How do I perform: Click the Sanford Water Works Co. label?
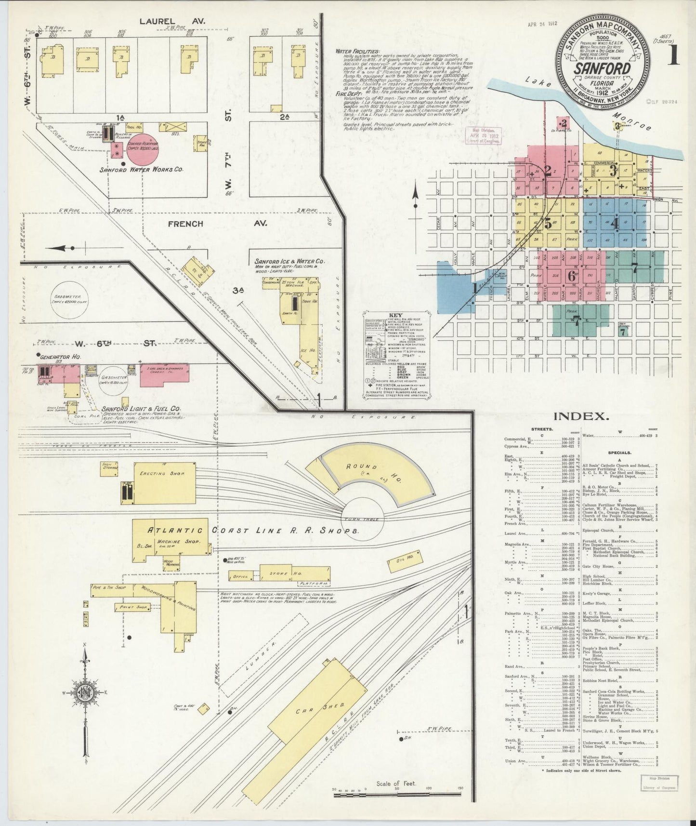(141, 170)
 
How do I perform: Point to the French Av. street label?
(185, 224)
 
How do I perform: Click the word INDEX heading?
(581, 416)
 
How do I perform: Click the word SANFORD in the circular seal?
(602, 68)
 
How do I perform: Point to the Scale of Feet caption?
(396, 784)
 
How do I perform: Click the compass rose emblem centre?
(85, 693)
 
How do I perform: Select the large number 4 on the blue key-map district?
(614, 224)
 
